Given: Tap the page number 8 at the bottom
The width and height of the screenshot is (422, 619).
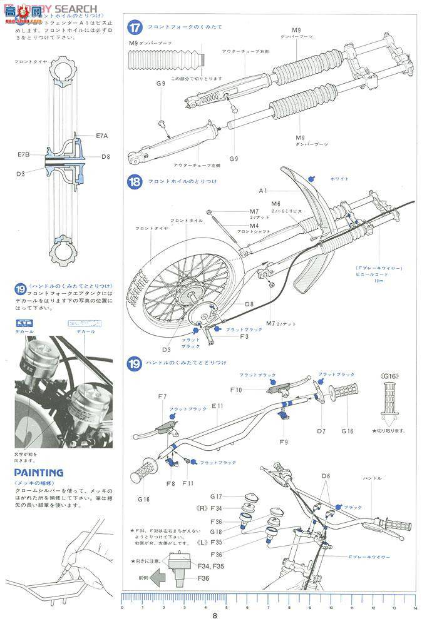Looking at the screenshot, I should click(215, 613).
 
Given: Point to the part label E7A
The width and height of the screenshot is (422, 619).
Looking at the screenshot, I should click(103, 135).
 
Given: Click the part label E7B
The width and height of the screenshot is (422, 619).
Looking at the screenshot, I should click(24, 154).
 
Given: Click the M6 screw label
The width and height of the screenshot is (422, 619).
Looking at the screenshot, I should click(276, 204).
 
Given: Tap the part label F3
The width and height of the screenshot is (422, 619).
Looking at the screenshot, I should click(244, 336).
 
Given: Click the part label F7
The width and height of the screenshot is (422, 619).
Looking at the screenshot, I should click(162, 397).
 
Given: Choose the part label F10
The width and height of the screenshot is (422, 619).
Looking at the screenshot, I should click(235, 390).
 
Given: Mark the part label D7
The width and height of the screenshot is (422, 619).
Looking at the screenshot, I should click(321, 431).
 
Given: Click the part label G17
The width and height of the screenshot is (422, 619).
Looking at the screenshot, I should click(217, 496).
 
